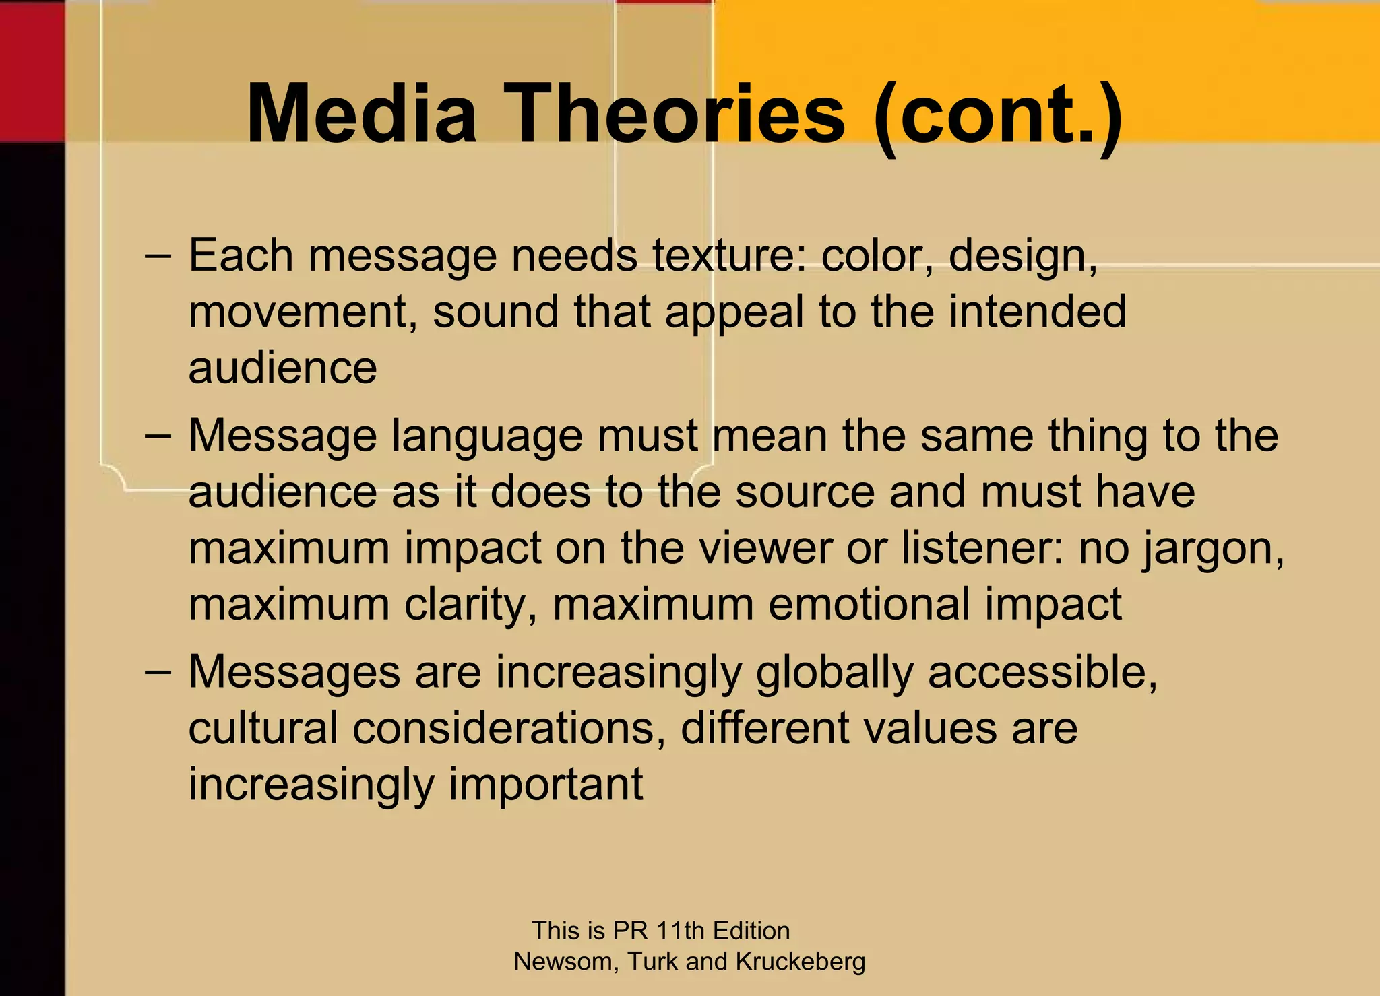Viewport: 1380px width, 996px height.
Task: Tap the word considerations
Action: (x=509, y=729)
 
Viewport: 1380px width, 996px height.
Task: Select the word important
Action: (x=546, y=785)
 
